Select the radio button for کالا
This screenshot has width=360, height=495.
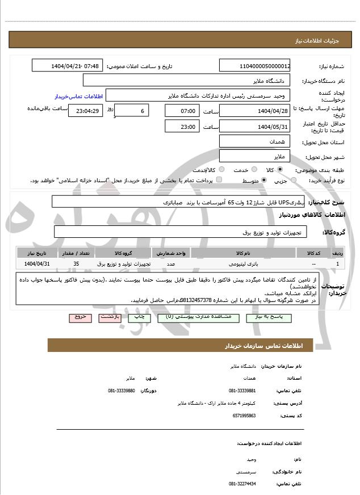(280, 170)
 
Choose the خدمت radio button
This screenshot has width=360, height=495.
(253, 170)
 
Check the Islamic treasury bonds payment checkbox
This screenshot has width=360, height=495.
(219, 180)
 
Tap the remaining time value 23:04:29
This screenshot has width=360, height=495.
(86, 111)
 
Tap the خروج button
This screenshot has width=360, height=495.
(79, 317)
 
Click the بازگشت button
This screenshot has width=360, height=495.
(111, 317)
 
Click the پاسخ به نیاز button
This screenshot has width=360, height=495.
(270, 317)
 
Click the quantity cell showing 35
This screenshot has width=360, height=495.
(76, 264)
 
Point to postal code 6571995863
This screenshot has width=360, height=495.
(245, 416)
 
